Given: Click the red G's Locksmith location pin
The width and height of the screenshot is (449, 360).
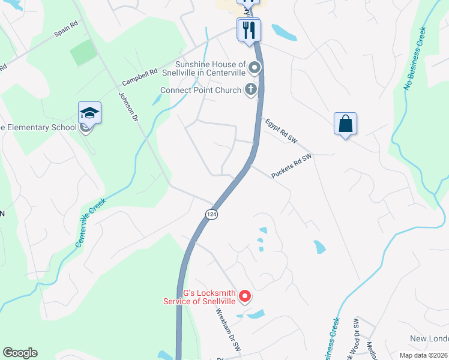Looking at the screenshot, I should click(x=244, y=296).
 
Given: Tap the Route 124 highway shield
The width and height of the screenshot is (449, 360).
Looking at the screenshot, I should click(x=211, y=214).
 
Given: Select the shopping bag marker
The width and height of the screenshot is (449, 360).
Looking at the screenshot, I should click(x=345, y=124).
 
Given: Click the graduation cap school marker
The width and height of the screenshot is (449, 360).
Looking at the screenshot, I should click(x=89, y=113).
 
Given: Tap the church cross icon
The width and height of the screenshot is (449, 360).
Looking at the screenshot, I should click(x=252, y=91).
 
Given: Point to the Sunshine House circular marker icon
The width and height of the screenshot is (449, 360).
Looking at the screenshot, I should click(x=255, y=68).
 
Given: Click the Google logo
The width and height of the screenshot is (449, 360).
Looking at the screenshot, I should click(x=20, y=353).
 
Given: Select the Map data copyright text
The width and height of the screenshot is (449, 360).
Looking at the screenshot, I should click(x=423, y=355).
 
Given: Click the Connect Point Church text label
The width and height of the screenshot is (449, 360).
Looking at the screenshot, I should click(x=203, y=91).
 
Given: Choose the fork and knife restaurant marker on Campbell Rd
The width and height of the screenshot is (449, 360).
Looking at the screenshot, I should click(x=249, y=30).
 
